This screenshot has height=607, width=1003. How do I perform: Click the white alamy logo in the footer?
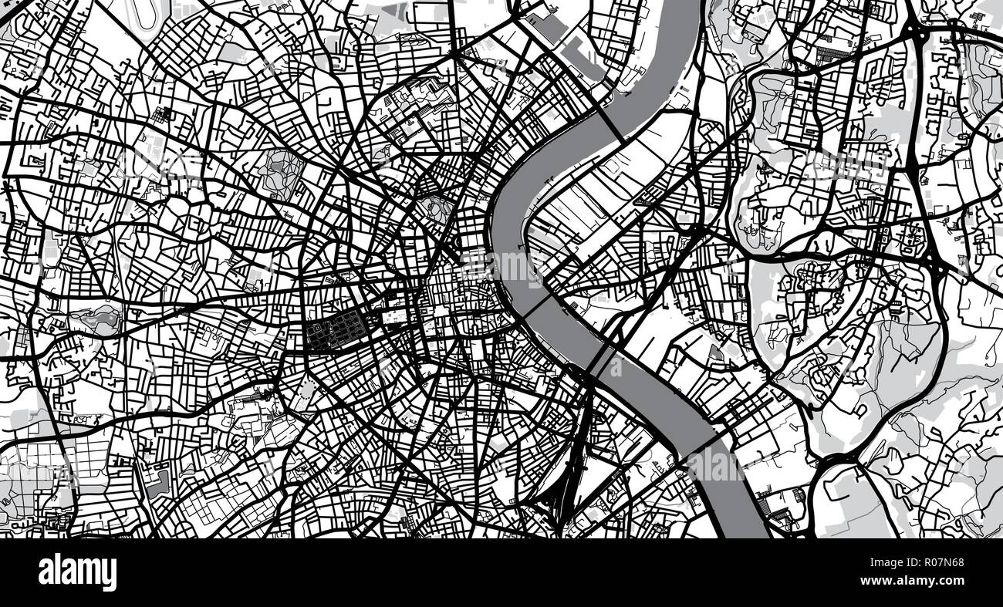coord(77,572)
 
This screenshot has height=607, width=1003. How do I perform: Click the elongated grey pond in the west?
coord(96,317)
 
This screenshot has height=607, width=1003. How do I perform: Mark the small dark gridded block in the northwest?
coord(163,115)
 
